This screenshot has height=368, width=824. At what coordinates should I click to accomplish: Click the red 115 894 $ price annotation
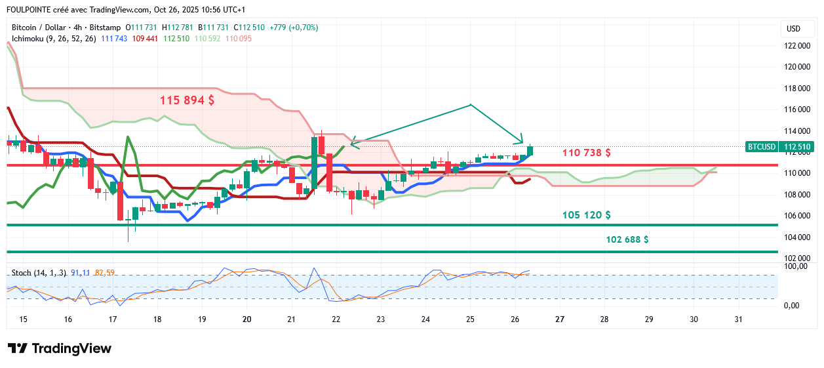tap(187, 101)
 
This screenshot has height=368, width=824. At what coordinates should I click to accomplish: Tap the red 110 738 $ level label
tap(587, 153)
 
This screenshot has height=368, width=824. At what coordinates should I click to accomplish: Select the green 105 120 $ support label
tap(587, 215)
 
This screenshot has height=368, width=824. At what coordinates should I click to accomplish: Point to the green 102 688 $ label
tap(627, 239)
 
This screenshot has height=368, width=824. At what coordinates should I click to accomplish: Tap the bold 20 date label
tap(247, 319)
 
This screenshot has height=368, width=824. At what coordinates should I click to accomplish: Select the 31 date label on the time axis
tap(738, 319)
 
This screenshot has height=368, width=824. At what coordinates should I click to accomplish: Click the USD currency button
tap(793, 29)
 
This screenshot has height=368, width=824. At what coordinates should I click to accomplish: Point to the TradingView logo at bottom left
tap(59, 349)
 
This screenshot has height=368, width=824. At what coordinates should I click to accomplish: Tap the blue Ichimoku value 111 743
tap(114, 39)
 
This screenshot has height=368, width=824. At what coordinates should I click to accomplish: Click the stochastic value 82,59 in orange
tap(105, 272)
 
